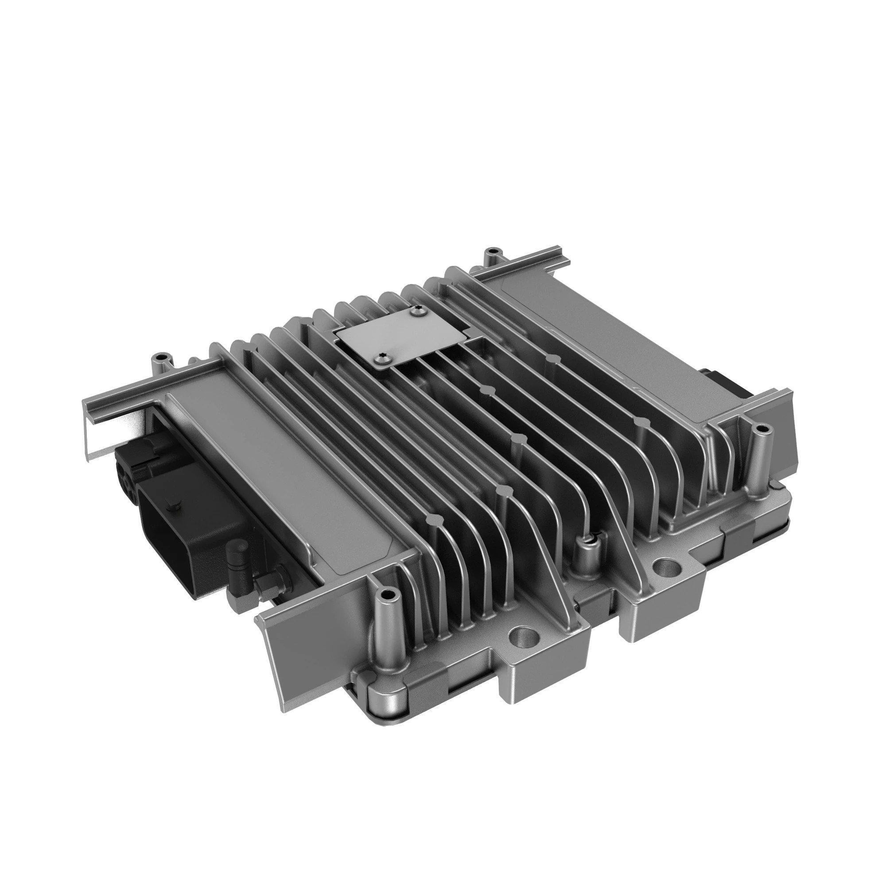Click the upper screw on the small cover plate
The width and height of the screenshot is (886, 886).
(x=417, y=312)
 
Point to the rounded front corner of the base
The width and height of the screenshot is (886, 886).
(x=385, y=715)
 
